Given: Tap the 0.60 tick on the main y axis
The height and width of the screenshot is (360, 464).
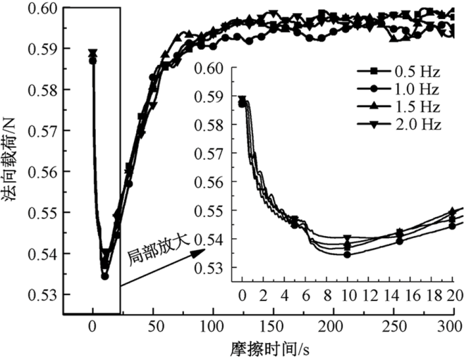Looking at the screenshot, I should click(x=45, y=8).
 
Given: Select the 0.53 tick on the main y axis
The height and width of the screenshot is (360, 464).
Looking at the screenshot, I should click(x=45, y=294).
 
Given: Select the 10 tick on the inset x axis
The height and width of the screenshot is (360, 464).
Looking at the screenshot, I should click(x=348, y=293).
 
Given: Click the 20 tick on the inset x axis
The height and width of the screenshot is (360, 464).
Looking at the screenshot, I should click(x=455, y=293).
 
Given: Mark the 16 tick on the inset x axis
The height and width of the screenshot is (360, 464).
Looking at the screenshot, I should click(x=412, y=293).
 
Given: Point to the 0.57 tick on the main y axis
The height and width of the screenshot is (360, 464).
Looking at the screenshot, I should click(x=45, y=131).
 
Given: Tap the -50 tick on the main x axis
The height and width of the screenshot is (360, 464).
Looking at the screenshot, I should click(x=31, y=326).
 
